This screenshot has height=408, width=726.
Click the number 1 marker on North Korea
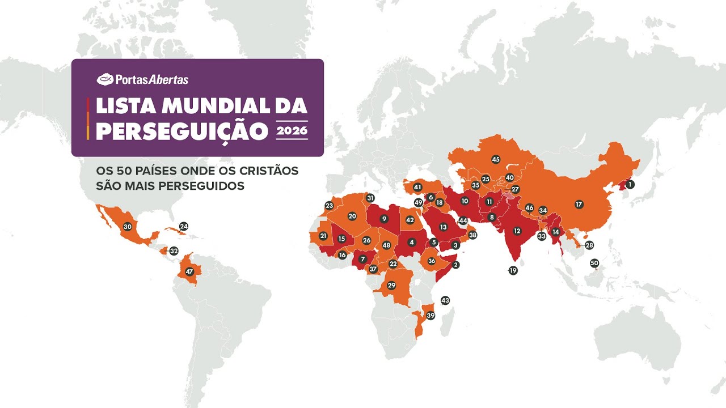[630, 184]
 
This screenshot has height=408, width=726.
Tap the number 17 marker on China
[579, 204]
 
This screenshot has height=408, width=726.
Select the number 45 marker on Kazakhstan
[496, 160]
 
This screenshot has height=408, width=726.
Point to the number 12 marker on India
[517, 231]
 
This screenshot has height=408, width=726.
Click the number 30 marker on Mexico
[128, 227]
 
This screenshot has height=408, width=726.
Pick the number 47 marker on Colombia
[189, 271]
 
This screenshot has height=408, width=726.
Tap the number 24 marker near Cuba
[184, 226]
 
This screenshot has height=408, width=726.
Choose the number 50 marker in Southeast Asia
[594, 263]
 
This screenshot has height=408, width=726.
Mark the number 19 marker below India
[513, 271]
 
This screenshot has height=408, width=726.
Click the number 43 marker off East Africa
[445, 300]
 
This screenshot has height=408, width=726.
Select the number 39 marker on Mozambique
[430, 316]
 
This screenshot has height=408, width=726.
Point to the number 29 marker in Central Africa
[391, 286]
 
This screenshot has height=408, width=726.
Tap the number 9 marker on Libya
[385, 219]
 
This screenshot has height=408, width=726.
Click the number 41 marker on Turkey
[418, 187]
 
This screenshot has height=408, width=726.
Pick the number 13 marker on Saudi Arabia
[444, 227]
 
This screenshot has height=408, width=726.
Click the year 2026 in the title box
[292, 131]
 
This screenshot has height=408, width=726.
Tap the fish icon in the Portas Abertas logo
[105, 79]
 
